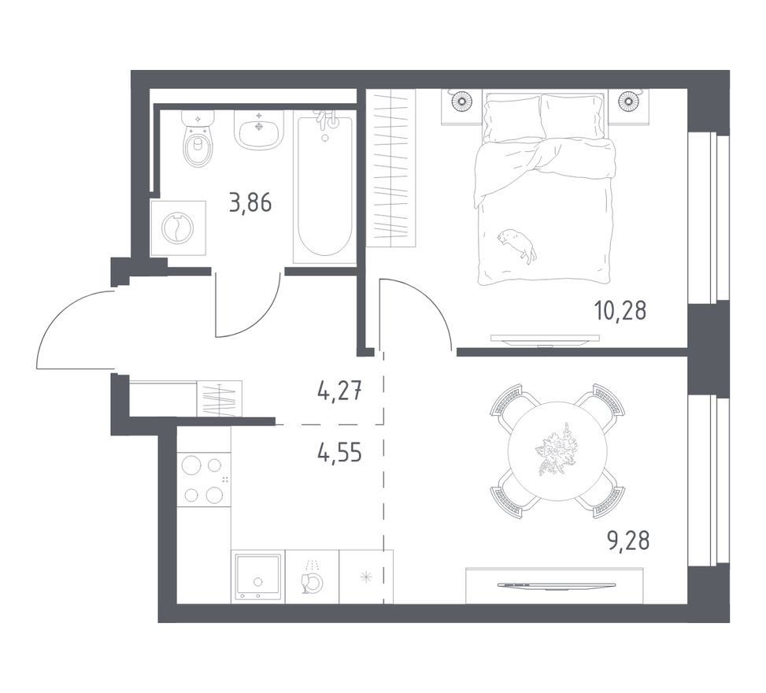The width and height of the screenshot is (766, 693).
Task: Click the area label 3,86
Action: tap(250, 202)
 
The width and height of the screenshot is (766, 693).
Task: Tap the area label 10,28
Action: tap(620, 310)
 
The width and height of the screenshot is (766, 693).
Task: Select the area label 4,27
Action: tap(339, 391)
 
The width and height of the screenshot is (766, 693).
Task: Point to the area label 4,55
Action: tap(339, 453)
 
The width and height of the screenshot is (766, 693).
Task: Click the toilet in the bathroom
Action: tap(198, 138)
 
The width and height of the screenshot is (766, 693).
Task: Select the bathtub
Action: tap(324, 187)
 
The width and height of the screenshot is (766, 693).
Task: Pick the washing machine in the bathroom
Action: tap(178, 228)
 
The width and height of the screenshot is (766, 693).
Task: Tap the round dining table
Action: tap(557, 450)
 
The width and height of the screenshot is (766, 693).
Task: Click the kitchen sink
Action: tap(258, 576)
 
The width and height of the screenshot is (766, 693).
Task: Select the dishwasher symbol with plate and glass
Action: tap(312, 576)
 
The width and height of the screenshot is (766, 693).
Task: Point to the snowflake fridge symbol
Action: tap(366, 578)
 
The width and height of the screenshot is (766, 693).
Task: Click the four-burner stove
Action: tap(203, 480)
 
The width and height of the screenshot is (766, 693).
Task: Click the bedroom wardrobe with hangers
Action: tap(390, 168)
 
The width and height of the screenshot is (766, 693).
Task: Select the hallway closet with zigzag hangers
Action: tap(220, 399)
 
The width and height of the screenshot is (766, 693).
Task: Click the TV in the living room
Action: tap(555, 585)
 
